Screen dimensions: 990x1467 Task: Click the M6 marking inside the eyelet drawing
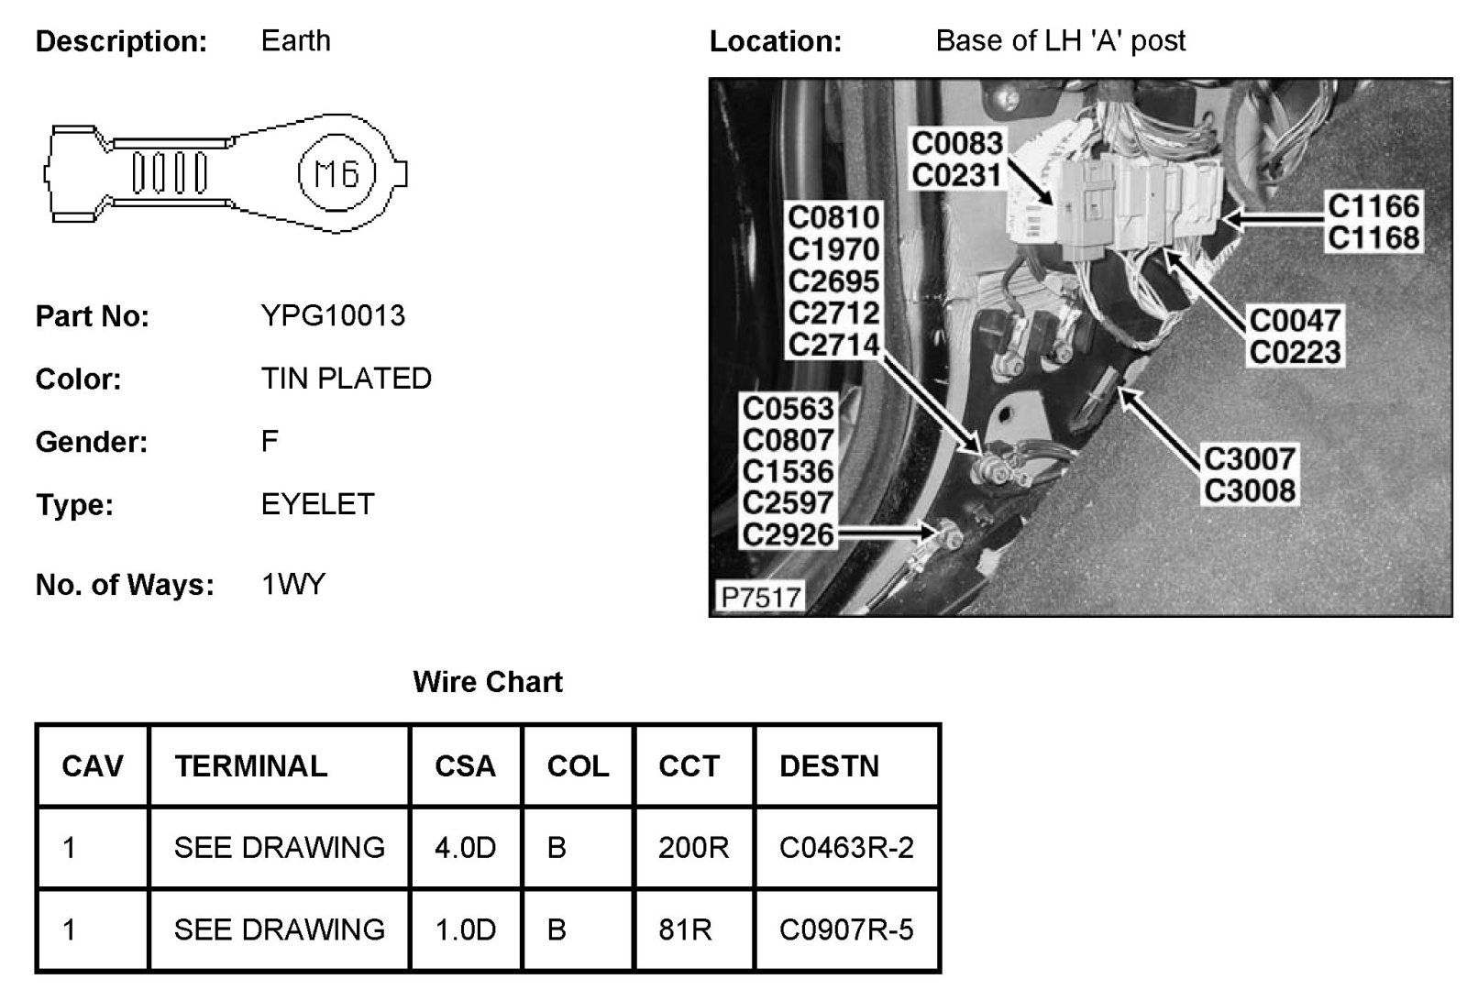click(x=336, y=173)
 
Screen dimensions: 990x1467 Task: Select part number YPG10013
click(x=333, y=316)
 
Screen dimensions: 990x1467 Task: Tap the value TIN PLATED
click(x=346, y=379)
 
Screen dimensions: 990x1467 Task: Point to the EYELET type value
click(x=317, y=504)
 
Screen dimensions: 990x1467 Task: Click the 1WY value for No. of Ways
click(x=293, y=585)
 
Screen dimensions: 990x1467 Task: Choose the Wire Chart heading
click(x=488, y=682)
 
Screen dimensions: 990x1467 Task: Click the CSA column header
click(x=465, y=766)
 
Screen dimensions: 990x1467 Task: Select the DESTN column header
click(x=829, y=766)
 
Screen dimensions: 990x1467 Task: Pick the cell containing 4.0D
click(x=465, y=848)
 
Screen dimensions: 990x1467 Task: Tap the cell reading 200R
click(x=693, y=848)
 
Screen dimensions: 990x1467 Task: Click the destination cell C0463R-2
click(x=846, y=848)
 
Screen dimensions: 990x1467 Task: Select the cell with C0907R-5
click(x=846, y=930)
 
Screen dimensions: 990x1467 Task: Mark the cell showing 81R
click(x=685, y=930)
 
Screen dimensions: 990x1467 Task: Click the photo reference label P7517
click(x=760, y=598)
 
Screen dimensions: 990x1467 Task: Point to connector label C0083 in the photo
click(x=957, y=144)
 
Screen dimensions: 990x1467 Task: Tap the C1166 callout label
click(x=1373, y=207)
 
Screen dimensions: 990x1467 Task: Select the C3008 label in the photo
click(x=1249, y=490)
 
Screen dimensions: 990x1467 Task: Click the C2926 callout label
click(x=789, y=533)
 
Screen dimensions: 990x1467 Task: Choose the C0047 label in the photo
click(x=1295, y=321)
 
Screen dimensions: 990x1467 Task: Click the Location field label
click(x=775, y=42)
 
